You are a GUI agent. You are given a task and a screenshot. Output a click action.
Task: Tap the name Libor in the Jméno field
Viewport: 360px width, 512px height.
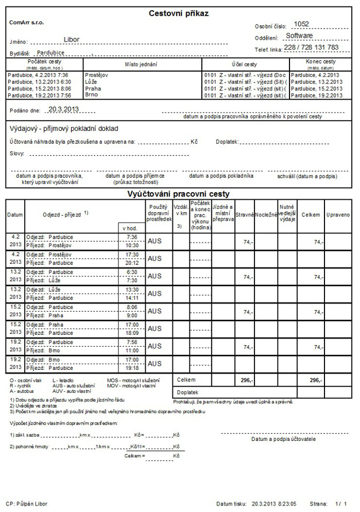click(x=71, y=39)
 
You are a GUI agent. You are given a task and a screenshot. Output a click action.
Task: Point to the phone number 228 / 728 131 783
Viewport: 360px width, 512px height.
click(x=311, y=47)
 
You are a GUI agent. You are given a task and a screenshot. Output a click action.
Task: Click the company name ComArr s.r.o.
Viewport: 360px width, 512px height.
click(x=27, y=23)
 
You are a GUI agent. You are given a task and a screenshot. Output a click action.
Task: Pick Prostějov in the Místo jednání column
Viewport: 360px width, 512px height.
click(x=96, y=75)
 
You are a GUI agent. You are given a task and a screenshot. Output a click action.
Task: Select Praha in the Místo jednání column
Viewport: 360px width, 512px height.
click(x=92, y=88)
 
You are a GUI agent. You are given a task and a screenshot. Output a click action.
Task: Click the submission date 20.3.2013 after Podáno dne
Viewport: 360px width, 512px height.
click(x=63, y=109)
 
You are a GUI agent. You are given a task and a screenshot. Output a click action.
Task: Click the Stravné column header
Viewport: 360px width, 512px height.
click(x=245, y=214)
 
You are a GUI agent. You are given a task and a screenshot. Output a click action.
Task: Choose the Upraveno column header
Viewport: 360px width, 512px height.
click(x=338, y=214)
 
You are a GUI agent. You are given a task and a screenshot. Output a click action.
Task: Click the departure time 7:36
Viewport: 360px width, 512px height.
click(x=131, y=236)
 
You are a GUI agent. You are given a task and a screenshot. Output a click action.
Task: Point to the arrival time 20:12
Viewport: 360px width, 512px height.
click(x=131, y=263)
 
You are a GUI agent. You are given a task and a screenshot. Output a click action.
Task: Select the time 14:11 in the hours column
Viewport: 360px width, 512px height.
click(x=131, y=297)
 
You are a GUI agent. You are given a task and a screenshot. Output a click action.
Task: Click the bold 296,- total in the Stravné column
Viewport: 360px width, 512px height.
click(x=247, y=380)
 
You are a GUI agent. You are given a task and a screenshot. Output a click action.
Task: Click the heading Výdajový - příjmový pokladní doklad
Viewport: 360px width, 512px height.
click(x=63, y=128)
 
